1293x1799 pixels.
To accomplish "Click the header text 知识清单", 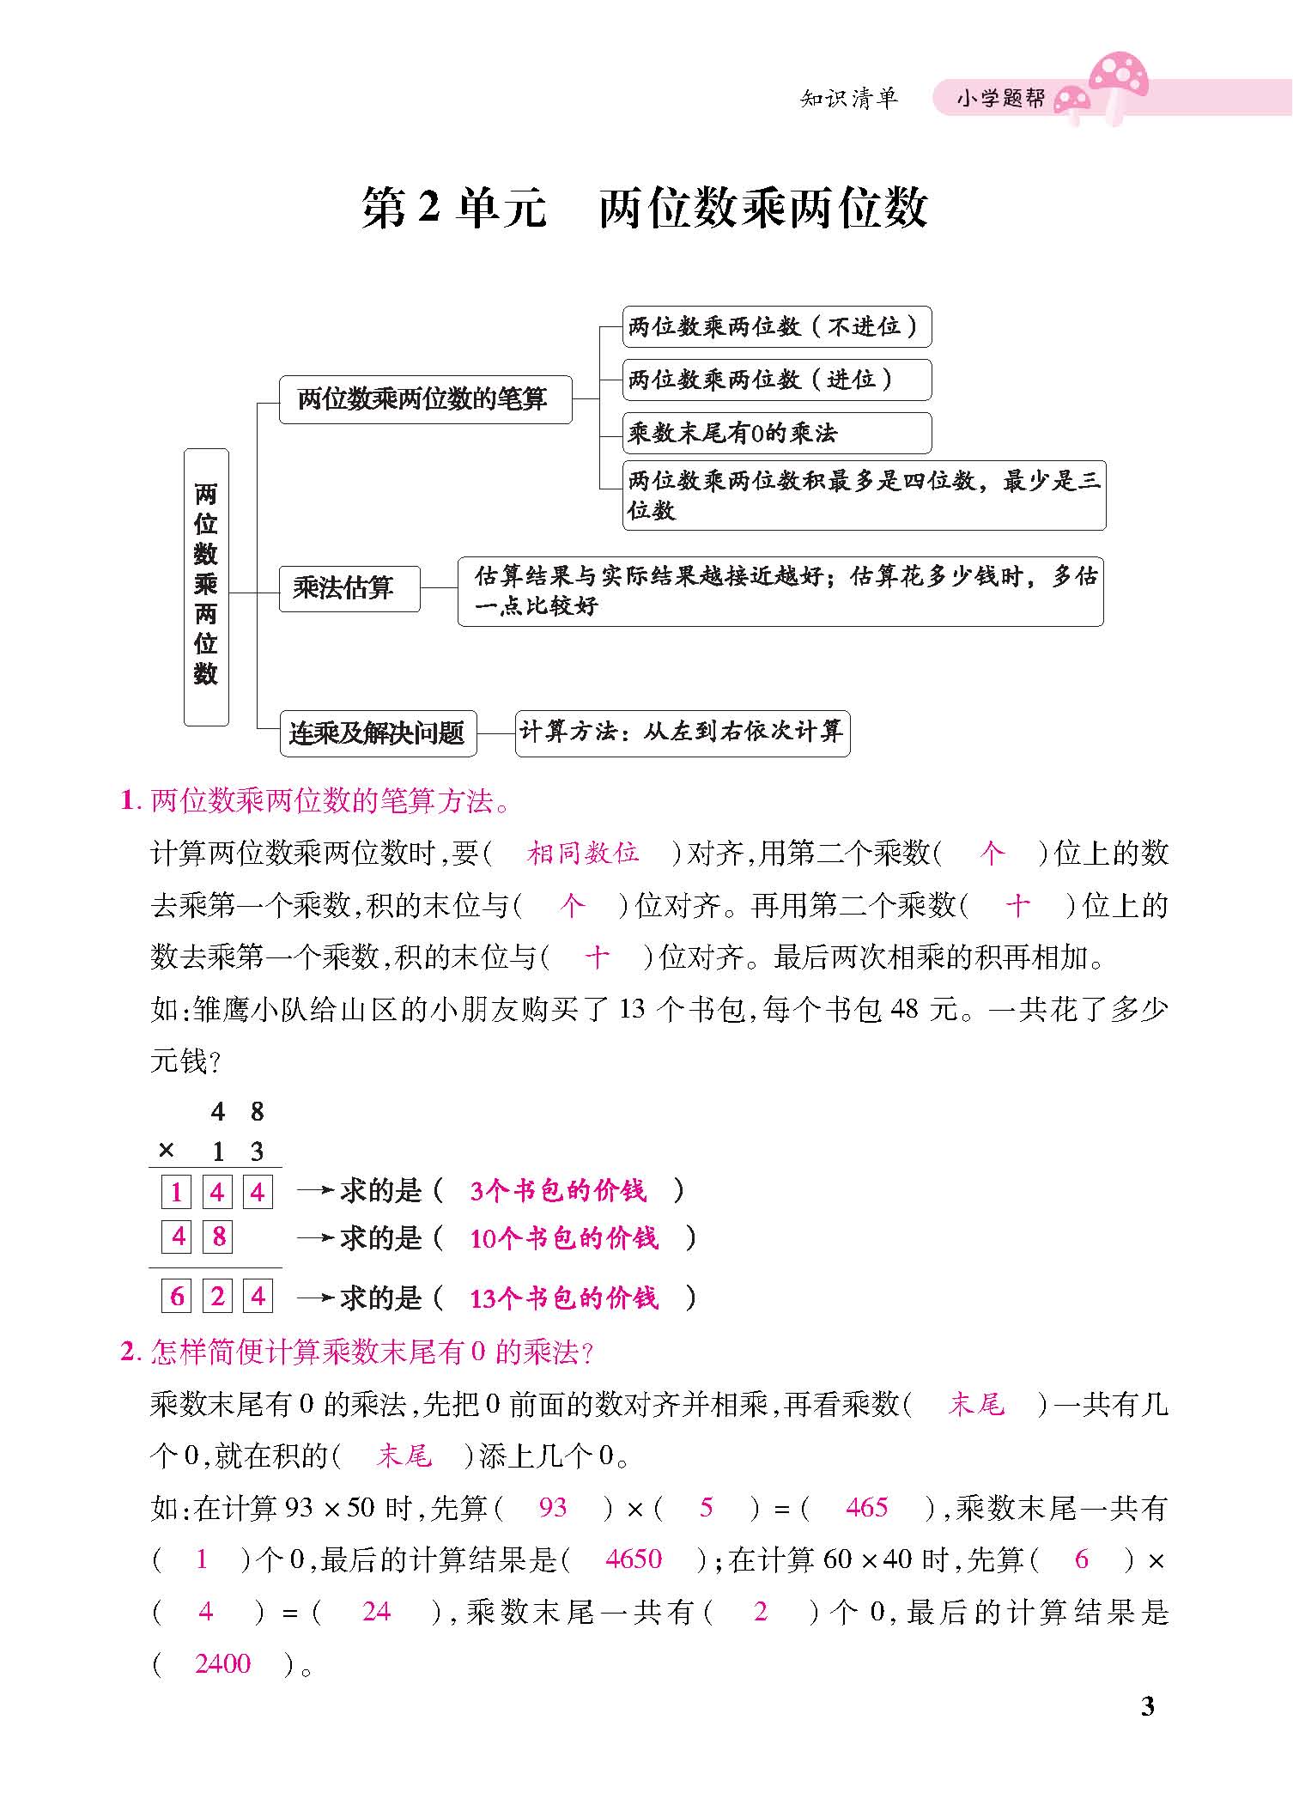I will point(848,99).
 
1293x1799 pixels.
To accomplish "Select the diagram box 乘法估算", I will point(349,588).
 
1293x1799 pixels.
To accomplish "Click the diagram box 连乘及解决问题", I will point(378,733).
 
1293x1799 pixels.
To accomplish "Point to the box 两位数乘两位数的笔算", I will point(425,399).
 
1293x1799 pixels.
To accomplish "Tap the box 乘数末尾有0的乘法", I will point(776,433).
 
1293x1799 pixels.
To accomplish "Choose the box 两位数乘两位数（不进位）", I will point(776,326).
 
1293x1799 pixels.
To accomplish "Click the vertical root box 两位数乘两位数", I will point(206,586).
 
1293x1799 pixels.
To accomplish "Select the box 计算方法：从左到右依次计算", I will point(682,732).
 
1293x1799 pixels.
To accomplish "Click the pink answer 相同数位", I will point(583,853).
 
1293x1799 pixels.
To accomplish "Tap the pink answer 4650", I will point(634,1559).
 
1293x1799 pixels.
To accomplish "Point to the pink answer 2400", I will point(222,1663).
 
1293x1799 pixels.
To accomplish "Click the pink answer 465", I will point(867,1507).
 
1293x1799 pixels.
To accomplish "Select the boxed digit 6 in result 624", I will point(177,1296).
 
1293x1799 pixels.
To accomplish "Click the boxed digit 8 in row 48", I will point(218,1237).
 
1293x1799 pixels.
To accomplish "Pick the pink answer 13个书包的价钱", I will point(564,1298).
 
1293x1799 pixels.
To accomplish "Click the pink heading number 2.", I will point(129,1352).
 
